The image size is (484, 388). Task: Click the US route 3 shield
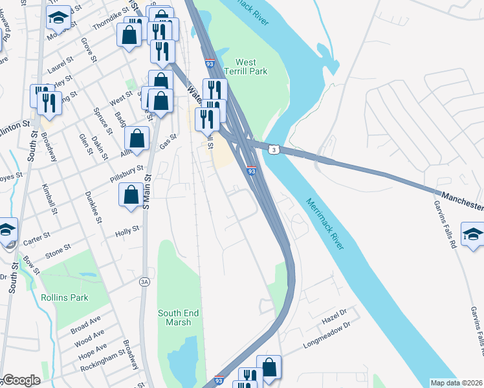[275, 149]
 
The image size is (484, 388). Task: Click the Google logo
[21, 380]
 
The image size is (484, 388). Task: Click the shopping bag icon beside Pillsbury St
[131, 195]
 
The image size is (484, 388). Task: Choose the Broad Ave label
[85, 325]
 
